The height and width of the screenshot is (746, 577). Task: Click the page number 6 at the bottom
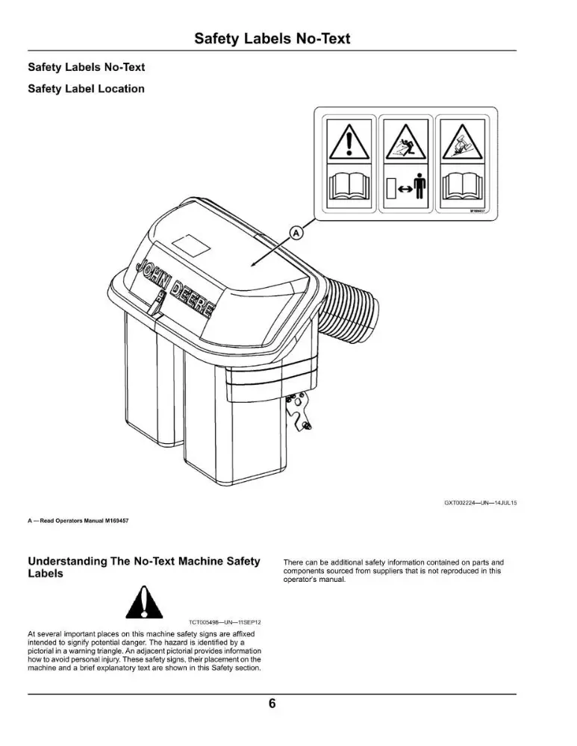point(272,703)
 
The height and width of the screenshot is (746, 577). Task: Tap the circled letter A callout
point(296,233)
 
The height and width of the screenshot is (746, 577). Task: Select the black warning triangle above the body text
point(144,602)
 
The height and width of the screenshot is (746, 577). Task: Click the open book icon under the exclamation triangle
point(349,187)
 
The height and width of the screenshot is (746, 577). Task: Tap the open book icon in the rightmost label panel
point(462,187)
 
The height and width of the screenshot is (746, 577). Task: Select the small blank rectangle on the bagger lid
point(191,245)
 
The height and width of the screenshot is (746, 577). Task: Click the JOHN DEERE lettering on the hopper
point(175,288)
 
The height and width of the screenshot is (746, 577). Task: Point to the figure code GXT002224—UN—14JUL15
point(480,502)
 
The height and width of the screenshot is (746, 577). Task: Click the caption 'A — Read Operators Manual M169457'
point(78,521)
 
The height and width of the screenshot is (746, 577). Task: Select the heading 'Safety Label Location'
point(86,89)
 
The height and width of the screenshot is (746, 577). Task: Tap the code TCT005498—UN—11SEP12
point(225,622)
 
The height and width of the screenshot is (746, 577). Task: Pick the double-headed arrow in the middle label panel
point(405,189)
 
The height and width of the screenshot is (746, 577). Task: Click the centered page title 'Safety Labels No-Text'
point(272,39)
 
